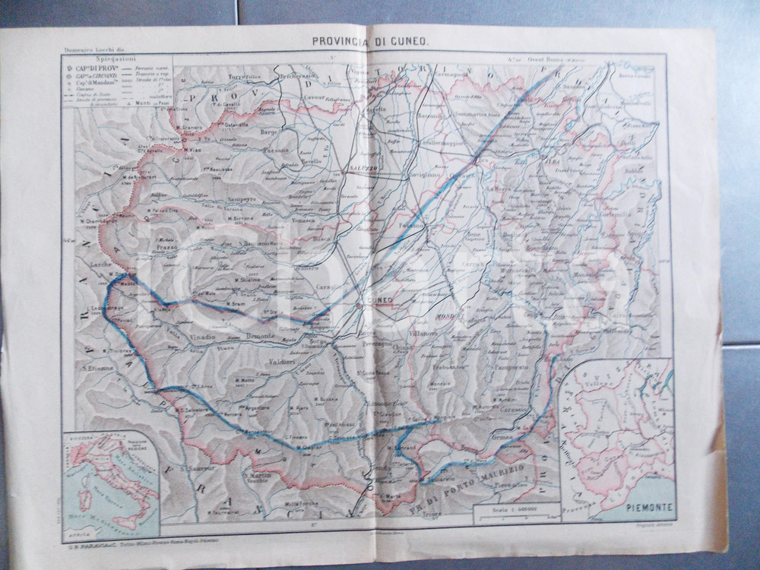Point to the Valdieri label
275,363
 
